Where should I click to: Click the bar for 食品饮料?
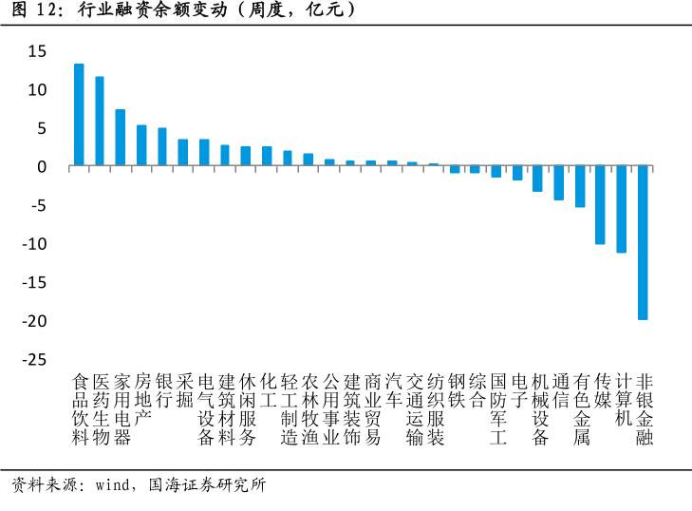coord(79,115)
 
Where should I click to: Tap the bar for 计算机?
coord(622,209)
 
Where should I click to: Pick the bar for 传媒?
coord(600,205)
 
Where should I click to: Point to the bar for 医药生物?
coord(100,122)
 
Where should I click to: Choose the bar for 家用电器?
coord(121,138)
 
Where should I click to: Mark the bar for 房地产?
coord(141,145)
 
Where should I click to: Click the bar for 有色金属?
coord(580,186)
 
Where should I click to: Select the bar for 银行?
coord(162,147)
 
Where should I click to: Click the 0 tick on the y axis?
coord(43,167)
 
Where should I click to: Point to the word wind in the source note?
coord(112,485)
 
